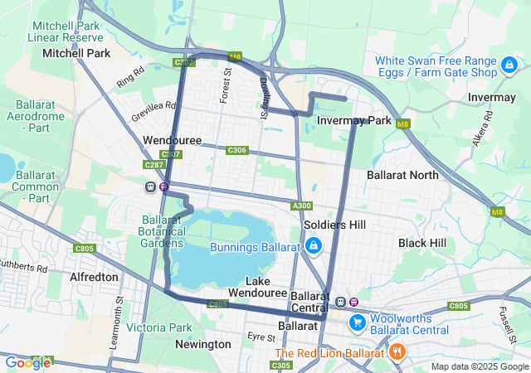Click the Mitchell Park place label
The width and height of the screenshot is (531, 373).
pyautogui.click(x=76, y=53)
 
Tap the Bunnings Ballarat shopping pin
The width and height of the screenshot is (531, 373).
pyautogui.click(x=314, y=246)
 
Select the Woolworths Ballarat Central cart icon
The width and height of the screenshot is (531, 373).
pyautogui.click(x=358, y=322)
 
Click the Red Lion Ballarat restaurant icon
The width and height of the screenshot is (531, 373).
pyautogui.click(x=397, y=351)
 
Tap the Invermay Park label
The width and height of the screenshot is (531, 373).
pyautogui.click(x=354, y=121)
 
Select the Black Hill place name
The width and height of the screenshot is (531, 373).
pyautogui.click(x=422, y=243)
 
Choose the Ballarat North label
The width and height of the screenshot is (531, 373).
pyautogui.click(x=402, y=175)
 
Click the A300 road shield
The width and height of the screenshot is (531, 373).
pyautogui.click(x=301, y=206)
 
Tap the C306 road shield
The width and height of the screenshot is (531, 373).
pyautogui.click(x=236, y=150)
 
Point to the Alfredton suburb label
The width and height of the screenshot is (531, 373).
pyautogui.click(x=94, y=277)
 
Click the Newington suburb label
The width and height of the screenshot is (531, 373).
pyautogui.click(x=203, y=344)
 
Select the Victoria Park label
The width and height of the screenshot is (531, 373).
pyautogui.click(x=158, y=327)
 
